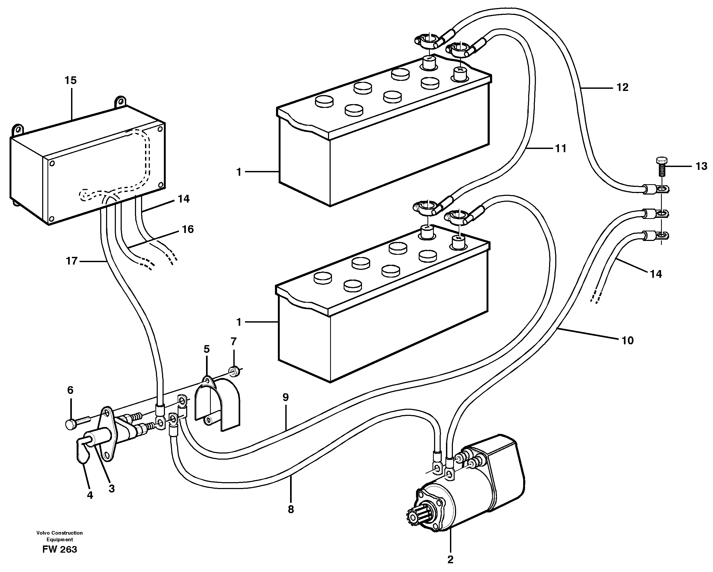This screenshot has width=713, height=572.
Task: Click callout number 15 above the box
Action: tap(71, 80)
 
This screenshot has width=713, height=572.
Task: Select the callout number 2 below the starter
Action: tap(450, 560)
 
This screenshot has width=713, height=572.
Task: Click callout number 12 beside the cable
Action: tap(622, 88)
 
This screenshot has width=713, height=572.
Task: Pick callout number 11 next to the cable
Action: tap(561, 148)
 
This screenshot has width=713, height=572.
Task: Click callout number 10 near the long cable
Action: tap(627, 341)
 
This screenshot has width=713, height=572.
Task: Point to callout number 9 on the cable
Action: tap(285, 397)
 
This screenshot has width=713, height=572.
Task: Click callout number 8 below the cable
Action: tap(291, 509)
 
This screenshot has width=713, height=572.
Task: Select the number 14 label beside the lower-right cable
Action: tap(656, 274)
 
